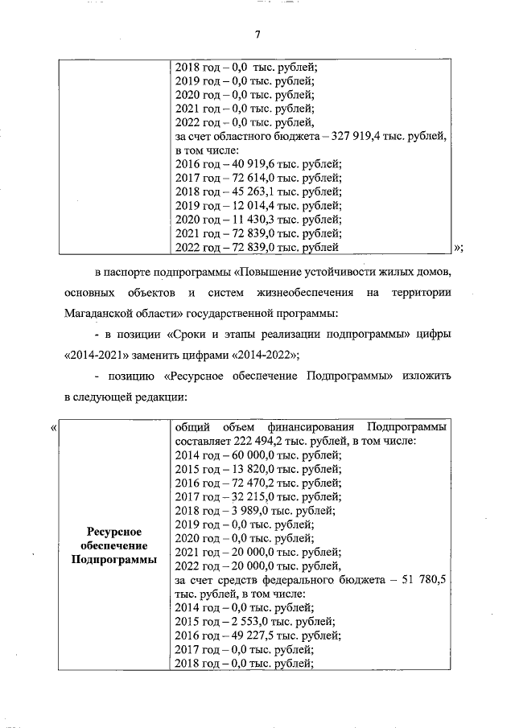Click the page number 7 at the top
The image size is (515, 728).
[x=257, y=34]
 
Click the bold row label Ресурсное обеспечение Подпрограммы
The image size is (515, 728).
[x=113, y=545]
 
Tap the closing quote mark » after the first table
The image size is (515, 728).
[x=458, y=247]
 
